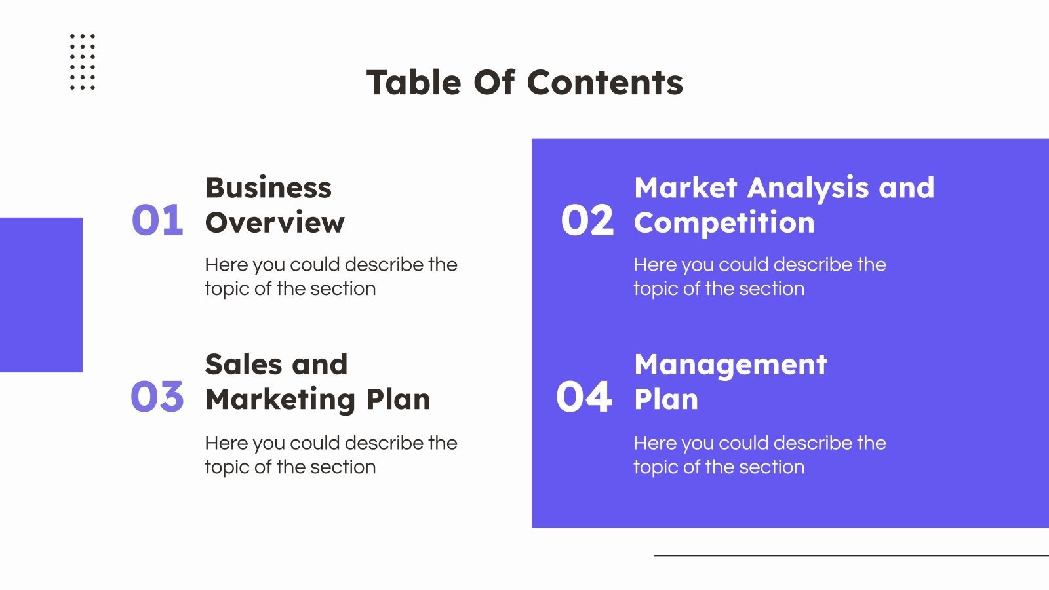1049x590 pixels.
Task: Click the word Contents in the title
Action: [x=604, y=83]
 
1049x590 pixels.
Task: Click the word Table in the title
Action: [x=414, y=83]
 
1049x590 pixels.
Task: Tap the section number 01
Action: [x=157, y=220]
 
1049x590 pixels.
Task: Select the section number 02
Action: [x=587, y=220]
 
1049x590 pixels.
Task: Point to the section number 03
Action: [x=157, y=397]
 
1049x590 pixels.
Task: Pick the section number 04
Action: [x=584, y=397]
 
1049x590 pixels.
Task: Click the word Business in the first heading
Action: [x=269, y=188]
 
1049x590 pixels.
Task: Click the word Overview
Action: [x=275, y=223]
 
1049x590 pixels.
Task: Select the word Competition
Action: [x=724, y=223]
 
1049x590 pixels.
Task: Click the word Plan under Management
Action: [x=666, y=400]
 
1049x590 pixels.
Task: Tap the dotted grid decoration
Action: [x=83, y=62]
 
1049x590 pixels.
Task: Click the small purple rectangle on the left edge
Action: [x=41, y=295]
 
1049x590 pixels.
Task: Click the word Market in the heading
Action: [x=686, y=188]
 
